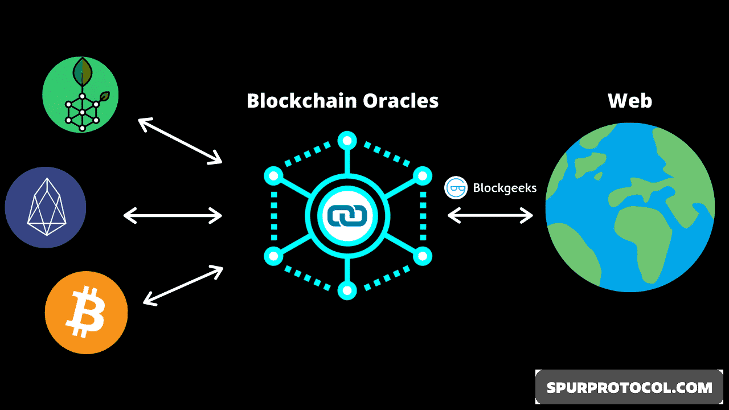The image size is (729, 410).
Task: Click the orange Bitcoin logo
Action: click(x=86, y=313)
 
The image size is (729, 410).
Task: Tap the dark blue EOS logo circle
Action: click(x=46, y=207)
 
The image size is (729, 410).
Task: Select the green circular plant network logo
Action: click(x=80, y=95)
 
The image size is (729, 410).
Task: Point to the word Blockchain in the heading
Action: click(x=302, y=101)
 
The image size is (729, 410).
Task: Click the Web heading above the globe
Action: click(x=630, y=101)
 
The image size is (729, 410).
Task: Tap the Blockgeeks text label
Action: click(x=505, y=188)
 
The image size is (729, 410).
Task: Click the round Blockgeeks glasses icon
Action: click(x=456, y=188)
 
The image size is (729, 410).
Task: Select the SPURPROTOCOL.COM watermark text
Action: click(x=629, y=388)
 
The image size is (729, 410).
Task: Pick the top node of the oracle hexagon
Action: click(x=347, y=140)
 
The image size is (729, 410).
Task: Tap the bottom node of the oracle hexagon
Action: click(x=347, y=290)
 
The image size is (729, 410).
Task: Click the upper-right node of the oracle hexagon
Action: click(x=422, y=176)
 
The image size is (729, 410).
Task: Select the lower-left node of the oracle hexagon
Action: click(x=273, y=256)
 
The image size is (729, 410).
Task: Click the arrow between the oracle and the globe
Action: click(x=490, y=215)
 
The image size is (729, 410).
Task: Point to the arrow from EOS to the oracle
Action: click(x=173, y=215)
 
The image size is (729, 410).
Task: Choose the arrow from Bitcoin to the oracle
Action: click(x=183, y=285)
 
